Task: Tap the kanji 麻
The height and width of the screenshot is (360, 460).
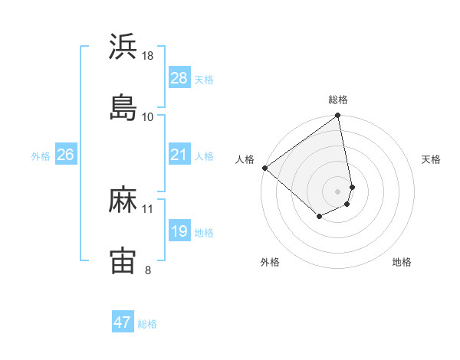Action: click(123, 200)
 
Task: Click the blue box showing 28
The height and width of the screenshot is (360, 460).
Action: click(179, 78)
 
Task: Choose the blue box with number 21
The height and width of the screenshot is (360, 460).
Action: click(179, 155)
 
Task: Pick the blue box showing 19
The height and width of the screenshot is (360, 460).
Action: click(179, 231)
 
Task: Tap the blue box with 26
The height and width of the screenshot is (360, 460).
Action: click(66, 155)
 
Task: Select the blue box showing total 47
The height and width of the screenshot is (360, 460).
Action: click(123, 322)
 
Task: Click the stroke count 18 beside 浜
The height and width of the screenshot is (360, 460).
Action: click(148, 55)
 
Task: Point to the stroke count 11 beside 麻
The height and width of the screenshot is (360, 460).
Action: click(148, 208)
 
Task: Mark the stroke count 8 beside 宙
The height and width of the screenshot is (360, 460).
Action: click(148, 269)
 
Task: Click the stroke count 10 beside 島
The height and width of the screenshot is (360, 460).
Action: click(148, 116)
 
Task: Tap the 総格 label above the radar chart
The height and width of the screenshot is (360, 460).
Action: click(338, 100)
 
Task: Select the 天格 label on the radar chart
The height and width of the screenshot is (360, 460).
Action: click(431, 159)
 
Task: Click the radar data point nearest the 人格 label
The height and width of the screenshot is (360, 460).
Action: click(264, 168)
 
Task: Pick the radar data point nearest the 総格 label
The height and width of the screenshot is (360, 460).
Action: click(338, 116)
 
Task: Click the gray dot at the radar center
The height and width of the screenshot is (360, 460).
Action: click(338, 191)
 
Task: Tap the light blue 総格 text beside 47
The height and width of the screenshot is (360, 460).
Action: click(147, 324)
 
